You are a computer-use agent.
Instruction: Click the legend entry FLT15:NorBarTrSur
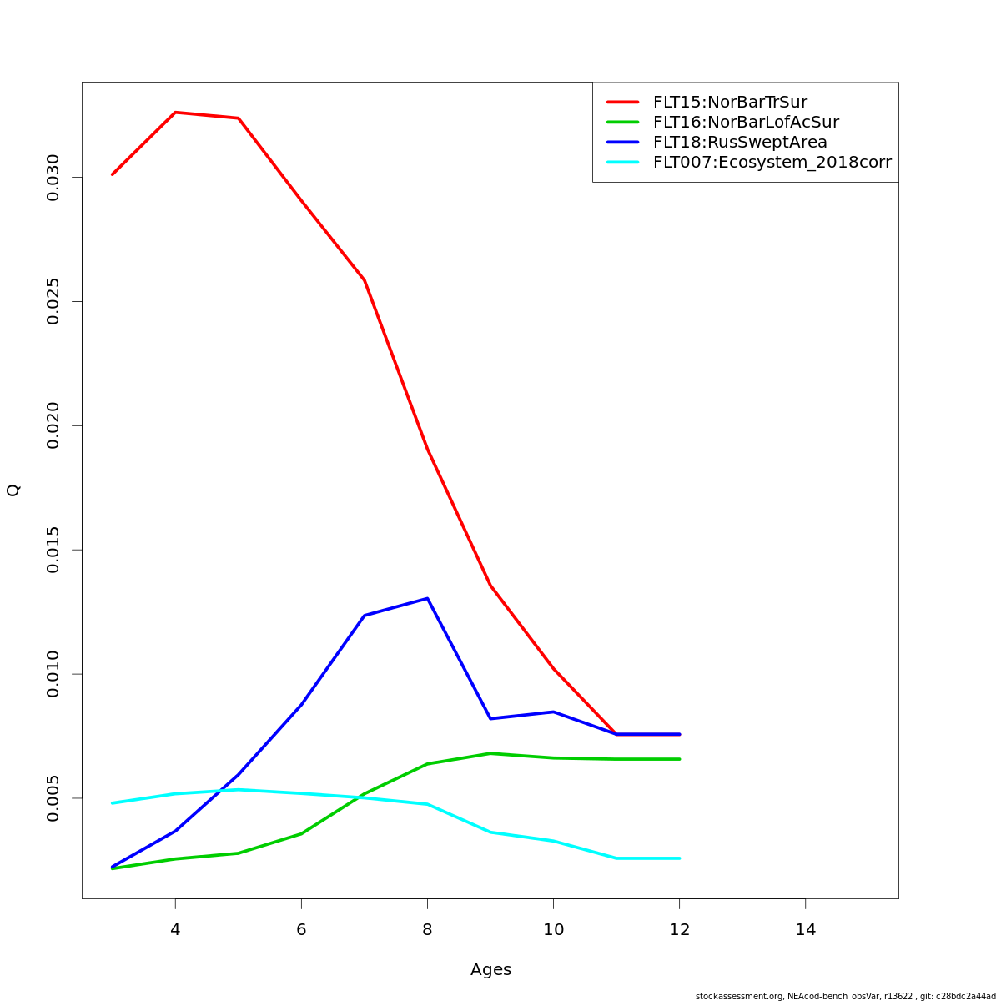(730, 103)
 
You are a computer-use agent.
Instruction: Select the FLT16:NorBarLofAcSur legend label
(746, 123)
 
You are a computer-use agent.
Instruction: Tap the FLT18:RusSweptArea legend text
(740, 143)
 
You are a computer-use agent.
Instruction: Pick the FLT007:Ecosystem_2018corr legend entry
(772, 163)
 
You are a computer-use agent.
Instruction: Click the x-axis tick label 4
(175, 929)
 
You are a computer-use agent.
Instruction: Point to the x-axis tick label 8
(427, 929)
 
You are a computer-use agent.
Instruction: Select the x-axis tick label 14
(805, 929)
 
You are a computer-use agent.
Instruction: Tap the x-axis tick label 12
(679, 929)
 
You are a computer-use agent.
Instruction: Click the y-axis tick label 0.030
(53, 178)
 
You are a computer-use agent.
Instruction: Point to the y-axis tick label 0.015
(53, 551)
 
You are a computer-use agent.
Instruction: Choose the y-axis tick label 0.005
(53, 798)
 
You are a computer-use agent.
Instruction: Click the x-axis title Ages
(490, 970)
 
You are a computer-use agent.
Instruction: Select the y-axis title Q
(13, 490)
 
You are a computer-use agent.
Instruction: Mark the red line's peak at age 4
(175, 112)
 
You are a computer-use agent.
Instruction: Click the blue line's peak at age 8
(427, 598)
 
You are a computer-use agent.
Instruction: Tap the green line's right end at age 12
(679, 759)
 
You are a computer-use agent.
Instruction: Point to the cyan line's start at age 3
(113, 803)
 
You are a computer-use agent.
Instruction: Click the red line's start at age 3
(113, 174)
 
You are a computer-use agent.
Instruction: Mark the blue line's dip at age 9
(490, 718)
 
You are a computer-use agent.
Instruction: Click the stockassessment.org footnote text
(845, 996)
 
